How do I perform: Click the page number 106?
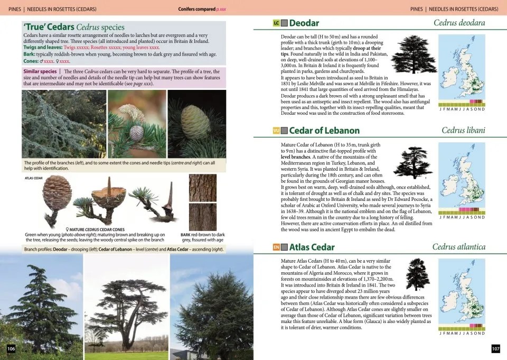(x=11, y=348)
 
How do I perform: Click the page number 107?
(x=495, y=348)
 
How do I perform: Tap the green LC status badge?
(x=276, y=23)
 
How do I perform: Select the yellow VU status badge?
(x=276, y=131)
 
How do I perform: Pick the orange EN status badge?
(x=276, y=247)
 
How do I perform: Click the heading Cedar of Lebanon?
(x=324, y=131)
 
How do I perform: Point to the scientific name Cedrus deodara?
(x=459, y=23)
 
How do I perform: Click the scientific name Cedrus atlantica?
(x=458, y=247)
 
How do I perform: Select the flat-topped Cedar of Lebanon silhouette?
(x=413, y=162)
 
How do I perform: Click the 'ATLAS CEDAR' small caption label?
(x=33, y=178)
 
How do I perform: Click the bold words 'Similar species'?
(x=40, y=71)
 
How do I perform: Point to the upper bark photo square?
(x=202, y=187)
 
